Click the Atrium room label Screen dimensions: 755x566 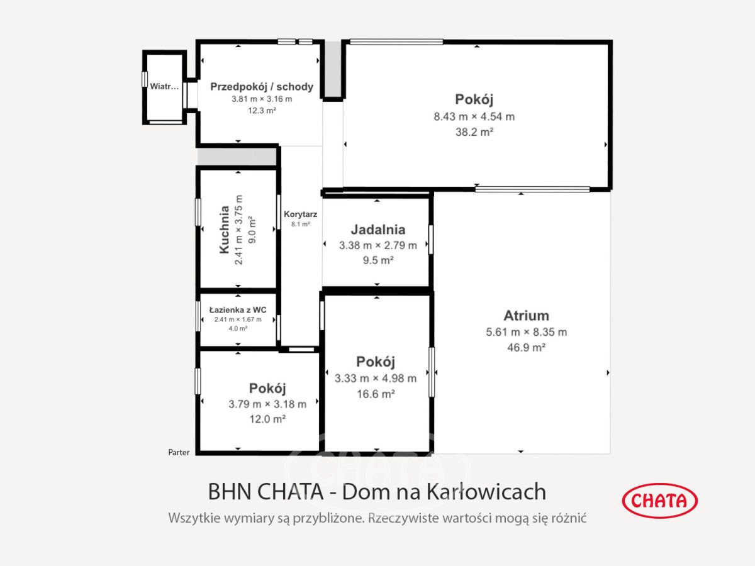(x=526, y=316)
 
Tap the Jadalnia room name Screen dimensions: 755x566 (x=378, y=230)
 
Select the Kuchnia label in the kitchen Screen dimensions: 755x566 (x=225, y=230)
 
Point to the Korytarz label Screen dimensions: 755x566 (x=300, y=214)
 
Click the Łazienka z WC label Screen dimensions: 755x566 (x=238, y=310)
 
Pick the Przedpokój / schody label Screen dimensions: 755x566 (x=262, y=87)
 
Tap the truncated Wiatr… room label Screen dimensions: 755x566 (x=164, y=86)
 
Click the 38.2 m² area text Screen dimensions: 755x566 (x=474, y=132)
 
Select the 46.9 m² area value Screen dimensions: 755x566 (x=526, y=347)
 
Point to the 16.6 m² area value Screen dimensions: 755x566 (x=376, y=394)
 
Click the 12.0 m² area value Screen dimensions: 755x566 (x=267, y=419)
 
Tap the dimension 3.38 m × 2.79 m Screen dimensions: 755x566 (x=378, y=245)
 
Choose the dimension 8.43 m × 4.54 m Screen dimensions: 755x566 (x=474, y=117)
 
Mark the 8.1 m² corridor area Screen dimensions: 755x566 (x=300, y=224)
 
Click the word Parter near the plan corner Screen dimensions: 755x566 (x=179, y=452)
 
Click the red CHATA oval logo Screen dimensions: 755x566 (x=660, y=501)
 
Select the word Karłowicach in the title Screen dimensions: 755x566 (x=486, y=491)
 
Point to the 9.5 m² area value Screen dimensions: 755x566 (x=378, y=260)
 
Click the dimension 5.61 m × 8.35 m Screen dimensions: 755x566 (x=526, y=332)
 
